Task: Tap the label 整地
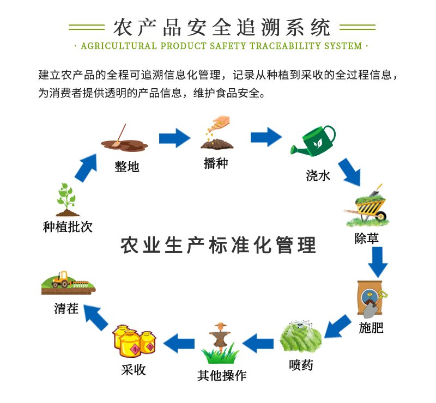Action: (x=126, y=167)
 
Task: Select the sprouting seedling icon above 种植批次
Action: (x=66, y=200)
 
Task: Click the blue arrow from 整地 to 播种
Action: (x=174, y=138)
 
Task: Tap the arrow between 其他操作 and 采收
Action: (x=179, y=343)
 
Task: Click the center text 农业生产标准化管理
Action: (x=218, y=245)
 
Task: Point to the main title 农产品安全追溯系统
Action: (x=221, y=26)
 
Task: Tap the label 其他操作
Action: (x=221, y=375)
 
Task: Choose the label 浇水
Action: (x=318, y=175)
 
